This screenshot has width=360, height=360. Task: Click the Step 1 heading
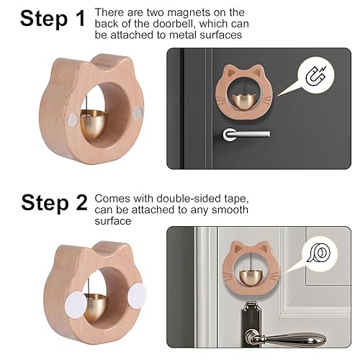pos(53,18)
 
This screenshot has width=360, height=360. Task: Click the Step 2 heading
pos(54,203)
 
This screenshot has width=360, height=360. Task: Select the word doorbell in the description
pos(176,24)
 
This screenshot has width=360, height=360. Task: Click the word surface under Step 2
pos(113,221)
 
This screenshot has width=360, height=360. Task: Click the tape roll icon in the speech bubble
pos(318,253)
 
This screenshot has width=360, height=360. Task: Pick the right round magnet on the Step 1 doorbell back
pos(138,112)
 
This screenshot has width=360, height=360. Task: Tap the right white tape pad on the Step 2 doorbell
pos(137,296)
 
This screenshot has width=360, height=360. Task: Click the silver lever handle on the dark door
pos(246,134)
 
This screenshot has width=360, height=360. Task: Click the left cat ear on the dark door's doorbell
pos(230,70)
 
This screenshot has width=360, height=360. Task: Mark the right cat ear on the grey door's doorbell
pos(262,247)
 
